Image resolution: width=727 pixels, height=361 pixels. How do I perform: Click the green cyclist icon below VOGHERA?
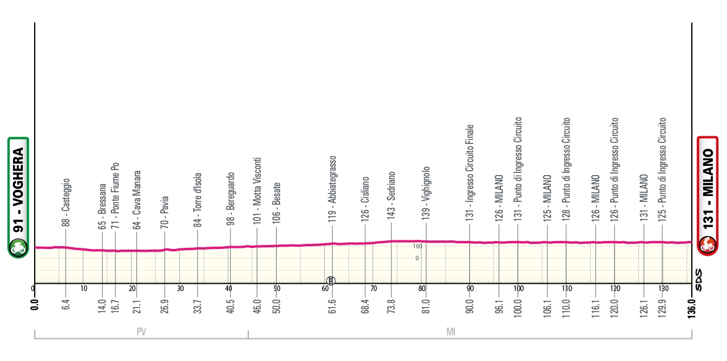18,246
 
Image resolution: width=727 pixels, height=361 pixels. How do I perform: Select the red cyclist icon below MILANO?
708,246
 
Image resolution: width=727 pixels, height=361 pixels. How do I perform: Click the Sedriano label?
391,197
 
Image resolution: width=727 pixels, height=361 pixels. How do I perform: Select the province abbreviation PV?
142,333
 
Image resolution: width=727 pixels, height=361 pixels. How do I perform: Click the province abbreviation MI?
450,333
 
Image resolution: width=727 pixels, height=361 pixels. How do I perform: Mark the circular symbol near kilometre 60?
331,280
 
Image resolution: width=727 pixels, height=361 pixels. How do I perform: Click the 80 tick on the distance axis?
421,288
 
